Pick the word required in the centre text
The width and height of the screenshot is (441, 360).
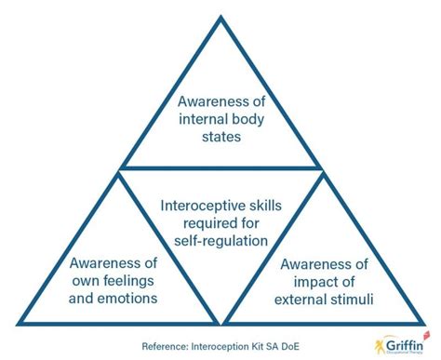coord(208,222)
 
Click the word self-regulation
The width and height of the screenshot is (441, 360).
coord(220,242)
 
